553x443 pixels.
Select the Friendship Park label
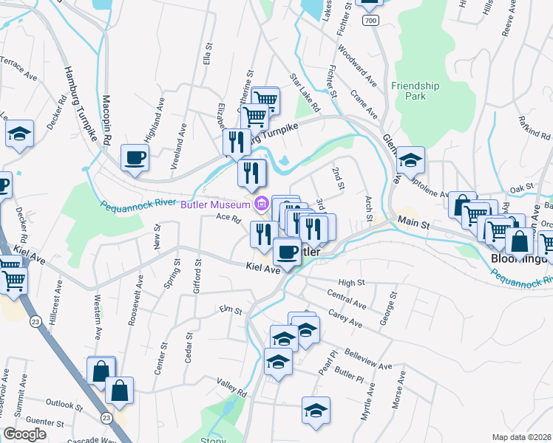point(415,91)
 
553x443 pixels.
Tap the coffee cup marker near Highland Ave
point(135,158)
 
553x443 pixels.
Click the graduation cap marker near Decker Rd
point(19,134)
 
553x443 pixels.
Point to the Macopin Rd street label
point(106,118)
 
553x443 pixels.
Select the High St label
point(351,282)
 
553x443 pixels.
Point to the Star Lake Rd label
point(305,92)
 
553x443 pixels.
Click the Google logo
point(25,434)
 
